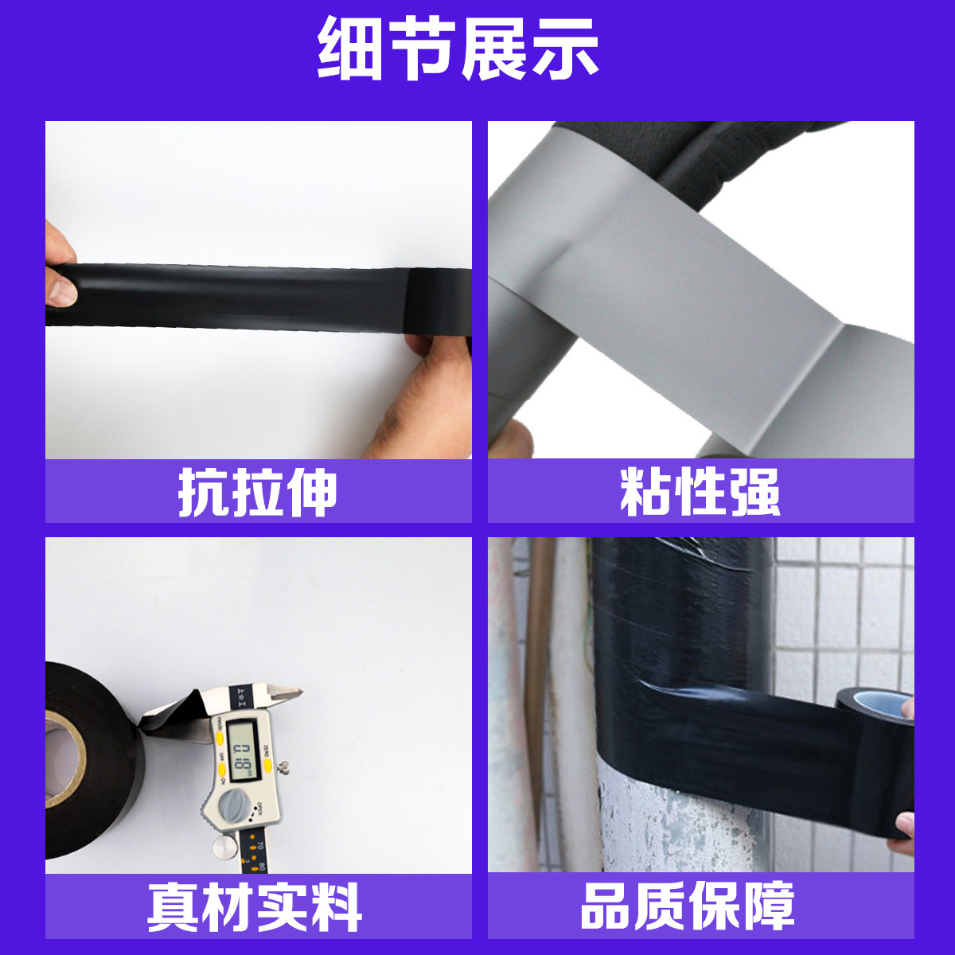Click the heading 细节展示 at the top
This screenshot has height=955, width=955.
(458, 49)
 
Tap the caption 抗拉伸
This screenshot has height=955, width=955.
(258, 493)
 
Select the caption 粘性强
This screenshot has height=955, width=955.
(700, 493)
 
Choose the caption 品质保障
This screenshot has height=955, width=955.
(688, 906)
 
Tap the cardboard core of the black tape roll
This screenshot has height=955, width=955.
(65, 756)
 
